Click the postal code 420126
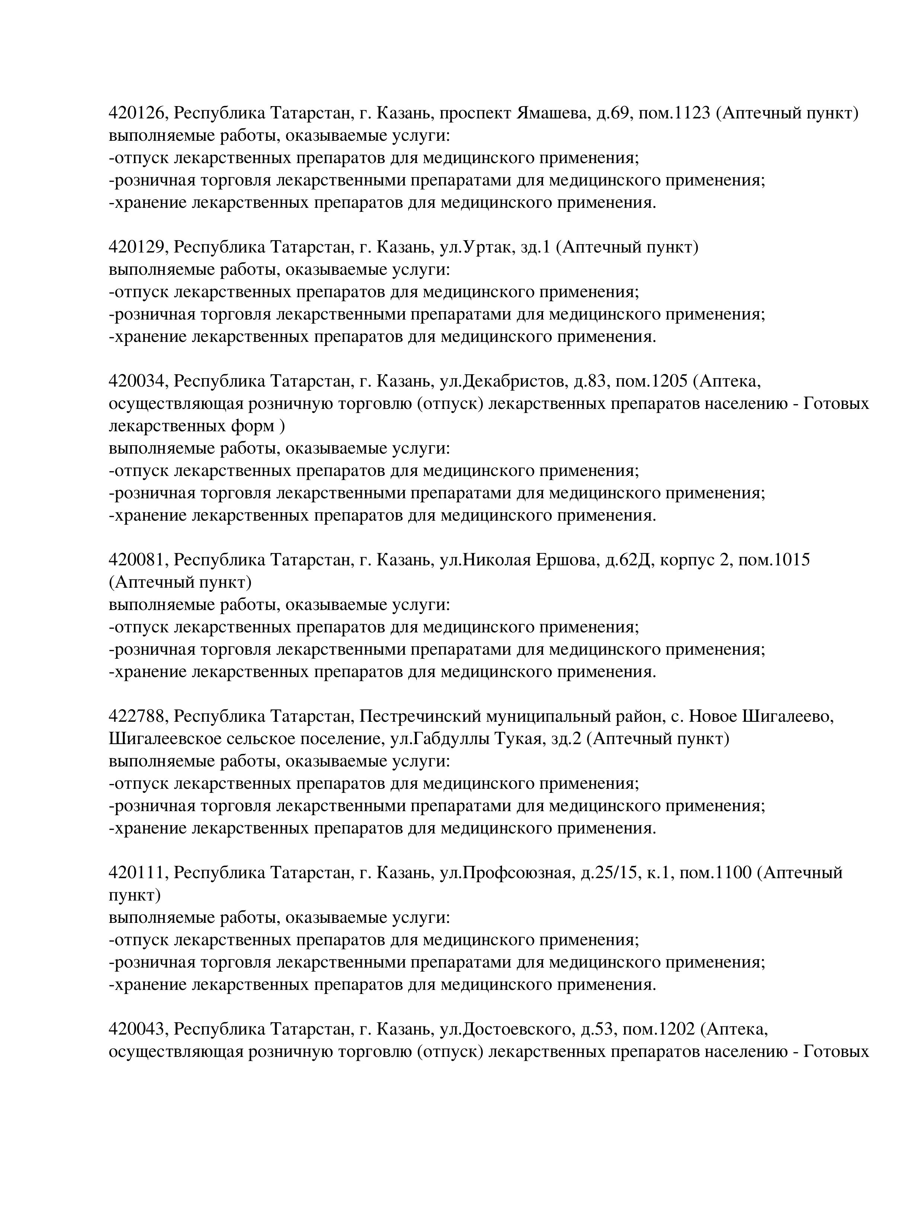coord(137,113)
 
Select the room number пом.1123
coord(674,113)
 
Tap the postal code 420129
coord(137,247)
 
